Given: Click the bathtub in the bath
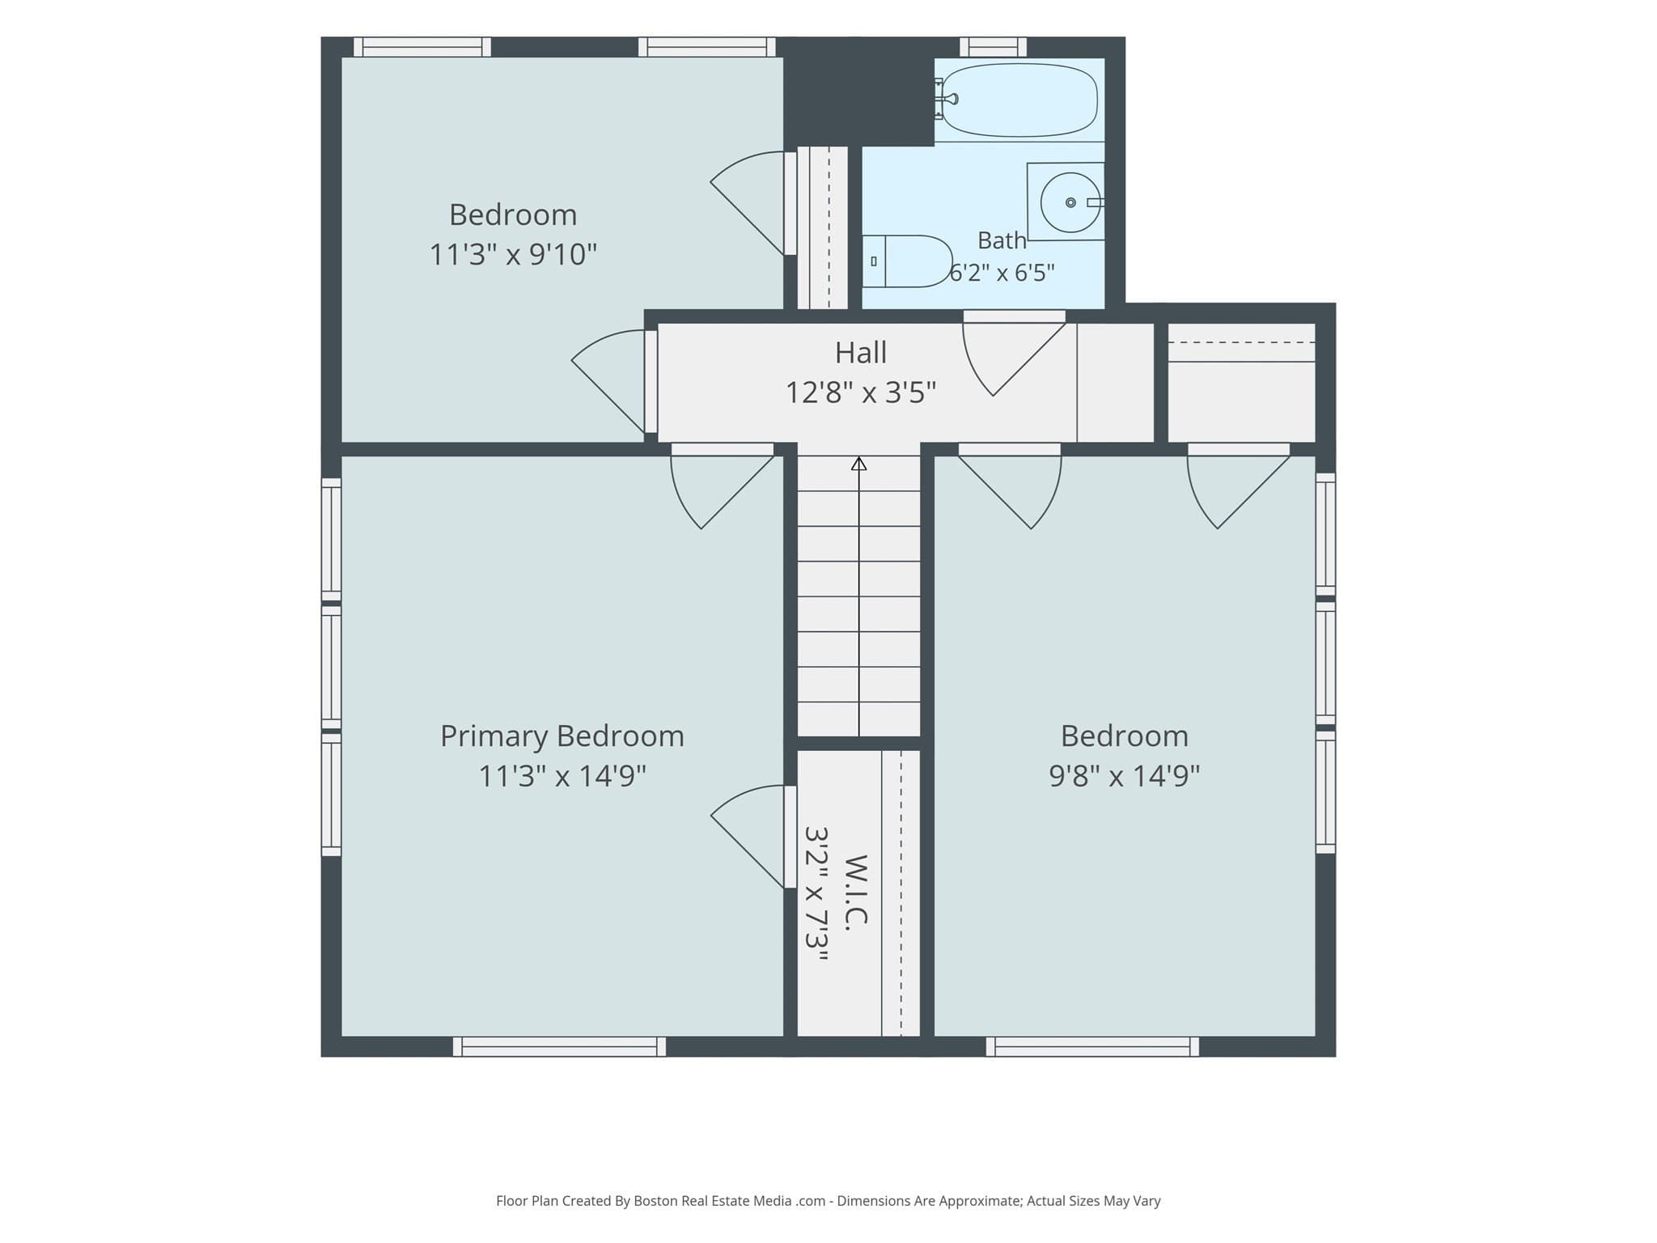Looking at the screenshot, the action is pyautogui.click(x=1019, y=100).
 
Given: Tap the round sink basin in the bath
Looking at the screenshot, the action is pyautogui.click(x=1070, y=202).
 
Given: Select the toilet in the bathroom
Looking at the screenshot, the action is pyautogui.click(x=907, y=261).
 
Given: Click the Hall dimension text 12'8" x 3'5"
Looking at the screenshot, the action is pyautogui.click(x=861, y=393).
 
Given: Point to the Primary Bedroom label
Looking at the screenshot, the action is pyautogui.click(x=562, y=736).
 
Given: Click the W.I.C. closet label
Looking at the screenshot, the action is pyautogui.click(x=857, y=892).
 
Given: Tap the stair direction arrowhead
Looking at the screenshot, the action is pyautogui.click(x=859, y=464).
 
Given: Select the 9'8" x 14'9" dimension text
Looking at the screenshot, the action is pyautogui.click(x=1125, y=776).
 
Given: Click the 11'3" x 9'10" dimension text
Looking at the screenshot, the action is pyautogui.click(x=513, y=255).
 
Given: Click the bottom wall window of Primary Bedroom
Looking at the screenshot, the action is pyautogui.click(x=560, y=1046).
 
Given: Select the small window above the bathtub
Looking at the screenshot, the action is pyautogui.click(x=993, y=47).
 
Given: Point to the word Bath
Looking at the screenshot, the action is pyautogui.click(x=1002, y=240).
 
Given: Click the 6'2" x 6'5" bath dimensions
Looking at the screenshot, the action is pyautogui.click(x=1002, y=274).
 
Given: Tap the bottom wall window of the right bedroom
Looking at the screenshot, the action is pyautogui.click(x=1092, y=1046).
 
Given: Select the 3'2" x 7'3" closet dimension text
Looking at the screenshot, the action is pyautogui.click(x=817, y=893).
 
